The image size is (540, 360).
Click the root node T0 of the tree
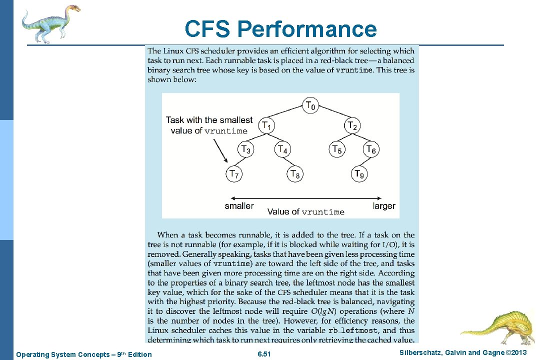click(x=310, y=105)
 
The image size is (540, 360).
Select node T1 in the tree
click(x=267, y=125)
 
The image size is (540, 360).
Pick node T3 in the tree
click(x=245, y=149)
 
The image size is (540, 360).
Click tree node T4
click(x=282, y=149)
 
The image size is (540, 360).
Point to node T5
click(x=337, y=149)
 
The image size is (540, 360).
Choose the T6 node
click(x=370, y=149)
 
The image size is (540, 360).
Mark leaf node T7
click(x=233, y=174)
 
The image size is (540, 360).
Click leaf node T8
click(x=295, y=174)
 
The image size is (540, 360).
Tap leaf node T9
click(x=359, y=174)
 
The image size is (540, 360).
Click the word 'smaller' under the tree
click(x=239, y=206)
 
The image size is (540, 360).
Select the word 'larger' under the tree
click(x=384, y=206)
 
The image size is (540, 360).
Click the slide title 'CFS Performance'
click(x=280, y=29)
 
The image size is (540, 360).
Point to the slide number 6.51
click(x=263, y=354)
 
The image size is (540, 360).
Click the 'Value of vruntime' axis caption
click(x=305, y=212)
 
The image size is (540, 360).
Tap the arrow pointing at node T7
click(x=220, y=150)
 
